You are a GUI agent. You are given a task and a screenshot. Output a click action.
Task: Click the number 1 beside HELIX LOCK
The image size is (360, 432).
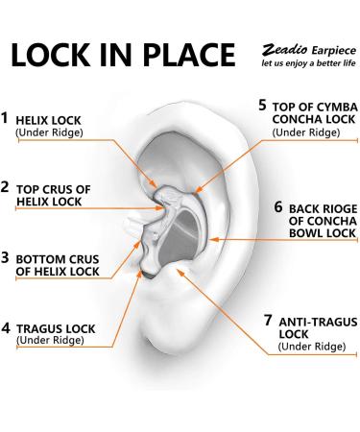[6, 119]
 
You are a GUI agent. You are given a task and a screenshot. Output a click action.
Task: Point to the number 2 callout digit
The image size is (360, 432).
[6, 186]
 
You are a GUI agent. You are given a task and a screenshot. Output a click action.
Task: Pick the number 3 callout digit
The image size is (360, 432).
[6, 256]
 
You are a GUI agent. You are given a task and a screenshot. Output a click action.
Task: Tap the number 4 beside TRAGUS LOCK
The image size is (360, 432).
[6, 327]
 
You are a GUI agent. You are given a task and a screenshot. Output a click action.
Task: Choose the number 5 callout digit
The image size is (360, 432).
[263, 103]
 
